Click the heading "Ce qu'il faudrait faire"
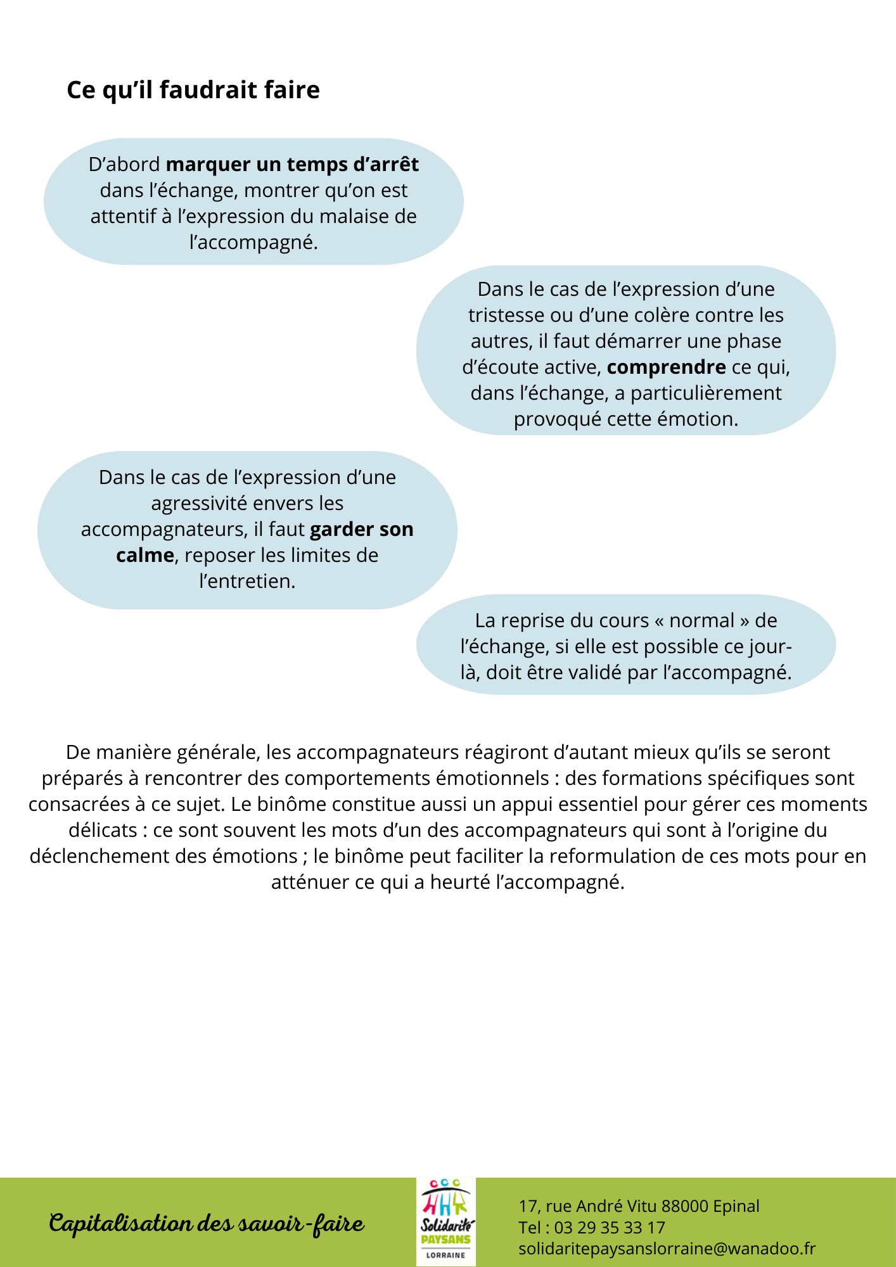pyautogui.click(x=193, y=90)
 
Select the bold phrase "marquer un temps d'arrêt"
pyautogui.click(x=292, y=165)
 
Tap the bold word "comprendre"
pyautogui.click(x=666, y=367)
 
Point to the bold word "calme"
pyautogui.click(x=144, y=556)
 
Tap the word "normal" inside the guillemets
pyautogui.click(x=702, y=621)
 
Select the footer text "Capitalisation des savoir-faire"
pyautogui.click(x=207, y=1223)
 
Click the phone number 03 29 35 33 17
pyautogui.click(x=610, y=1228)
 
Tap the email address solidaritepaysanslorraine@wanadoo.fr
pyautogui.click(x=667, y=1249)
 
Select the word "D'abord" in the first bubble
pyautogui.click(x=124, y=165)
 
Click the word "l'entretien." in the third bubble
pyautogui.click(x=247, y=582)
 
